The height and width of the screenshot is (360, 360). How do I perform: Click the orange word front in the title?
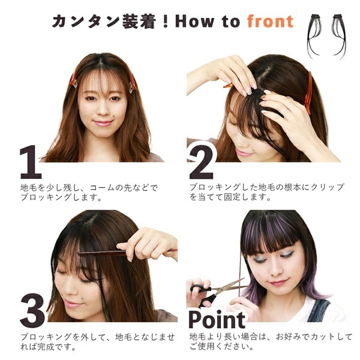[x=270, y=22]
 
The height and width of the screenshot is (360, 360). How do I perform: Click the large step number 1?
[x=31, y=162]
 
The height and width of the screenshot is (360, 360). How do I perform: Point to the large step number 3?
[x=32, y=310]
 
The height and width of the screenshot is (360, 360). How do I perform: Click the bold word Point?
[x=217, y=320]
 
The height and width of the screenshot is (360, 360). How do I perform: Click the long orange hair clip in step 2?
[x=308, y=93]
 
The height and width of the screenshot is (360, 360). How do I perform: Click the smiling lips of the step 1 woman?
[x=103, y=123]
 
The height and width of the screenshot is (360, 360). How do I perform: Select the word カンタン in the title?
[x=86, y=22]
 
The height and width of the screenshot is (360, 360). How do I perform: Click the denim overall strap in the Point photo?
[x=318, y=310]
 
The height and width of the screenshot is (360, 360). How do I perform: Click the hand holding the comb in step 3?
[x=148, y=245]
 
